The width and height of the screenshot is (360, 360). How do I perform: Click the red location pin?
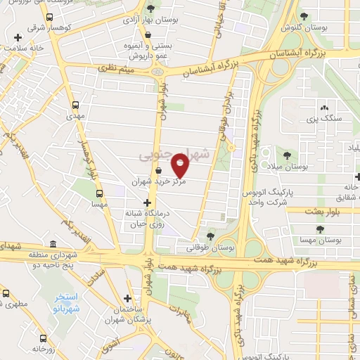(x=181, y=166)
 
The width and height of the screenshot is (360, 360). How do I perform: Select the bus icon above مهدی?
(x=76, y=104)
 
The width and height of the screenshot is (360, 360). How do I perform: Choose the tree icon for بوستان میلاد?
(x=287, y=155)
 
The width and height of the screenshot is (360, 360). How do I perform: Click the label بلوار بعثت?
(x=323, y=210)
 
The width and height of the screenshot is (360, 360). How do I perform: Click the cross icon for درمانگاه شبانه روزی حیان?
(x=146, y=202)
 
